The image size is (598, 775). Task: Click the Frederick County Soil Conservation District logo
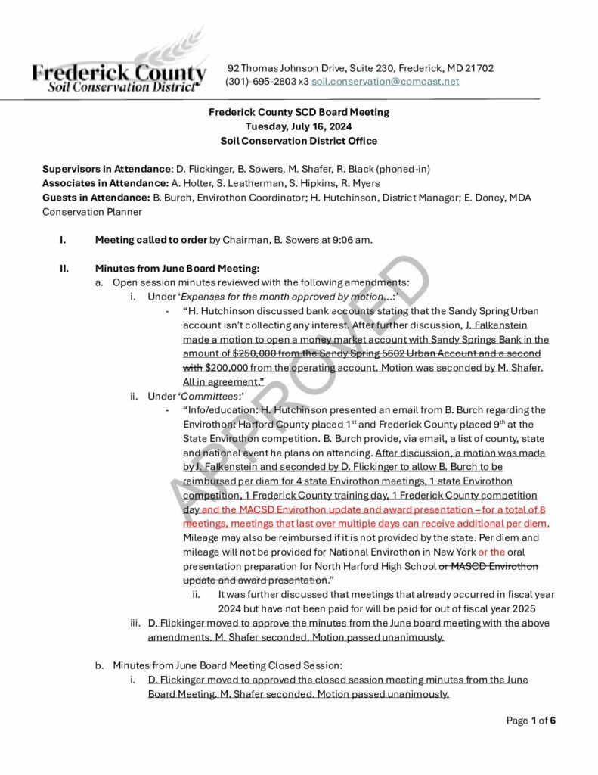(x=119, y=73)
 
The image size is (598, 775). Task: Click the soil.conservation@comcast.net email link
(x=385, y=82)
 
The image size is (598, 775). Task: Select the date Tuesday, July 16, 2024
(x=299, y=126)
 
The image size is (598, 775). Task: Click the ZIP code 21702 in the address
(x=479, y=68)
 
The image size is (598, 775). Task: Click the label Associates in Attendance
(x=104, y=183)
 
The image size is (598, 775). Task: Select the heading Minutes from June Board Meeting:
(x=176, y=268)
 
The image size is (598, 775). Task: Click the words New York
(x=453, y=552)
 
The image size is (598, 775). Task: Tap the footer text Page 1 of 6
(x=531, y=721)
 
